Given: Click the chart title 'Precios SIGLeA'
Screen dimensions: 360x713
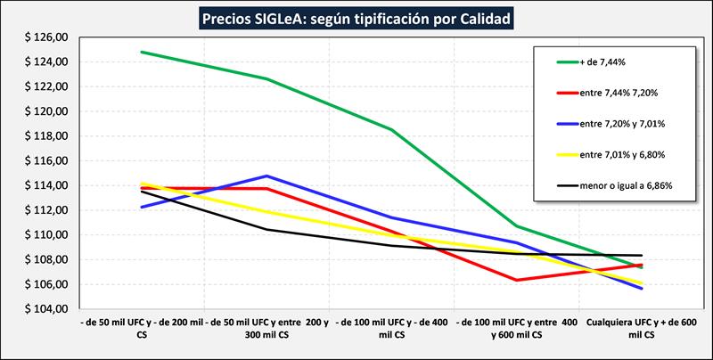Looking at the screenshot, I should point(356,17).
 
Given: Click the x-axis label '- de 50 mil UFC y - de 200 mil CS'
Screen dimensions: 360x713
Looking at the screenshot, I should point(142,328).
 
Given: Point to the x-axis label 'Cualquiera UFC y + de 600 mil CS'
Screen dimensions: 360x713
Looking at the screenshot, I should point(641,328).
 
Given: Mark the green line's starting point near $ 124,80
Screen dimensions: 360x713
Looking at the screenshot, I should point(142,52).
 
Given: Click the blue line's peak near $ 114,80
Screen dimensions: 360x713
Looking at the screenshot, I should point(266,176).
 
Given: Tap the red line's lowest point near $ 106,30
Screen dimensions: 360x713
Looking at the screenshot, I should point(516,280).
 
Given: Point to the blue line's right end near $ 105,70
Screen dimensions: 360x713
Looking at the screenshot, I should point(641,288).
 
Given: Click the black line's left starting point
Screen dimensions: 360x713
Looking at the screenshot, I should point(142,192).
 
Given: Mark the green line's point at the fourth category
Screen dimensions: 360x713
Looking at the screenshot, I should point(516,226).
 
